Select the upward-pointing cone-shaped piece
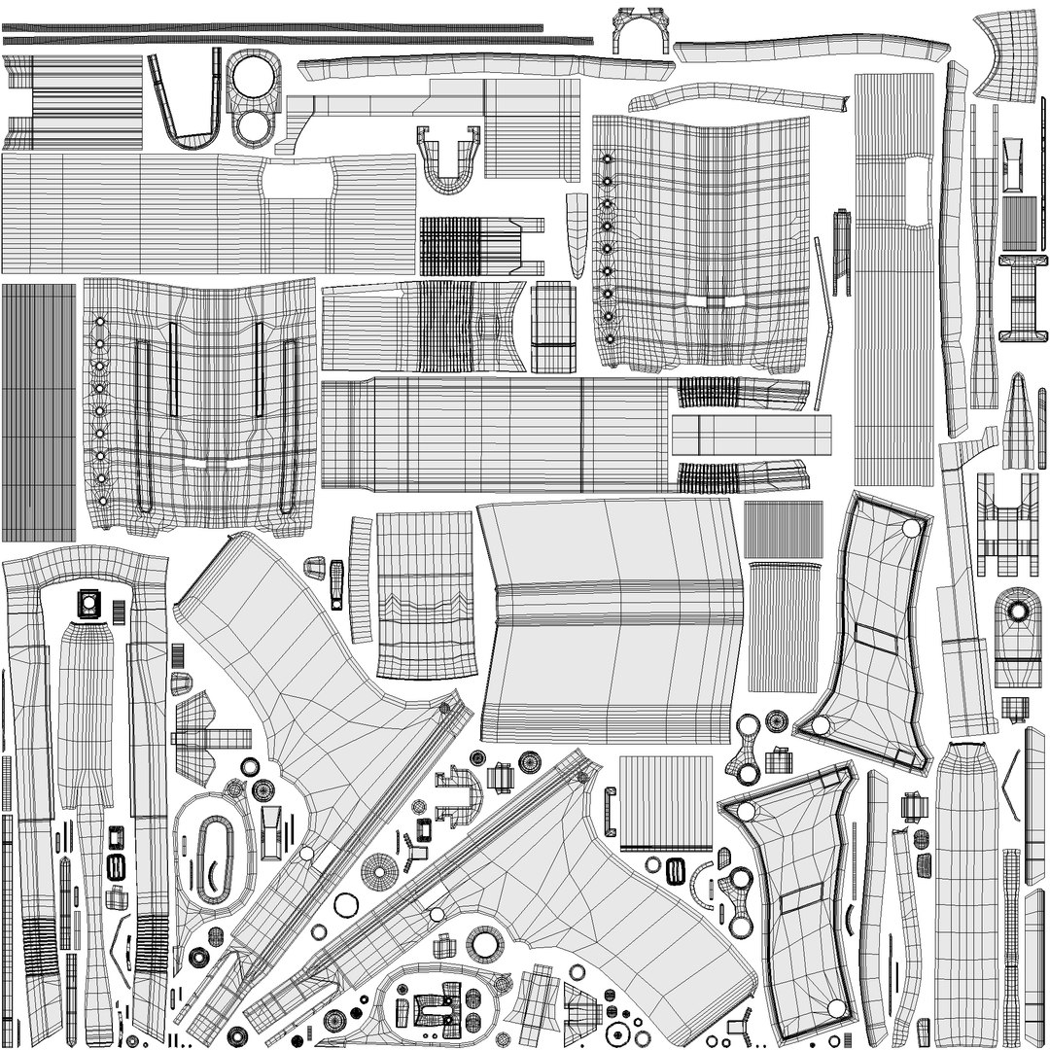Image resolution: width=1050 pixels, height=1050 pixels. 1018,418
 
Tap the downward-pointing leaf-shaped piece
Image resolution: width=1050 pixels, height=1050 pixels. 577,234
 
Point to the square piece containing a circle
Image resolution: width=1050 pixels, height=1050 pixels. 88,603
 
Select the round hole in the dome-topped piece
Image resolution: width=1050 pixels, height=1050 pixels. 1017,612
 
